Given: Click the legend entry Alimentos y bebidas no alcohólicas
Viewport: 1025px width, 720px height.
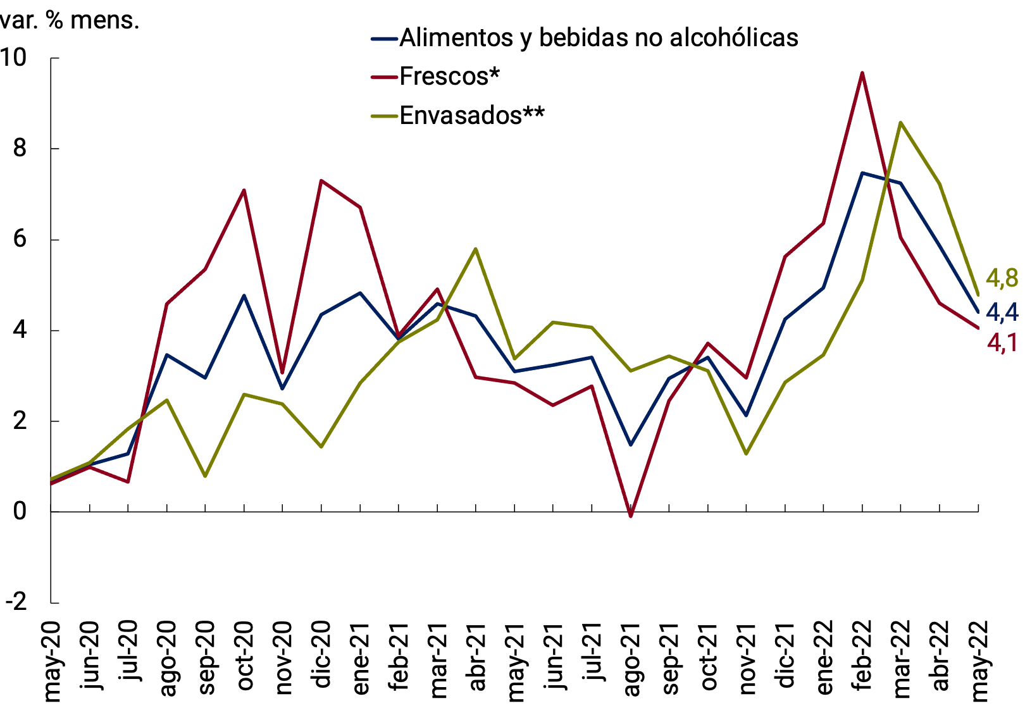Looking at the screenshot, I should click(599, 38).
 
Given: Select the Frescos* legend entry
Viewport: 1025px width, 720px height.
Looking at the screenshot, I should click(449, 77).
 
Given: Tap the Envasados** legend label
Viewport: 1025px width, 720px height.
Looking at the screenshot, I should click(472, 115).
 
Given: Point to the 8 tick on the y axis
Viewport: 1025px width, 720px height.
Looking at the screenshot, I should click(20, 149).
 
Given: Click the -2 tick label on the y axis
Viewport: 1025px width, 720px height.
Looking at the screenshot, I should click(16, 602).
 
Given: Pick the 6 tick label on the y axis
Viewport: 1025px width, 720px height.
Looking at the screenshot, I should click(20, 239).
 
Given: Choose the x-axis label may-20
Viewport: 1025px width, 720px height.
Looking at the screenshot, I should click(52, 661).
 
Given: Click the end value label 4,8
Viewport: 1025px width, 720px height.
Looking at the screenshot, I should click(1002, 278).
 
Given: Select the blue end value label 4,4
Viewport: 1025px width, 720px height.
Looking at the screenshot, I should click(1002, 312).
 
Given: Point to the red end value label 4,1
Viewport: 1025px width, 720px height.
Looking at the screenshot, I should click(1002, 343).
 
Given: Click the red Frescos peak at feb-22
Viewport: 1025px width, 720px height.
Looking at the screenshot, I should click(862, 73).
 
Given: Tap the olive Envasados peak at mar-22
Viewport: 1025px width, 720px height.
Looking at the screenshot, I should click(900, 123).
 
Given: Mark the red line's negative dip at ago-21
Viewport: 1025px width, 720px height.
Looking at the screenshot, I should click(631, 516).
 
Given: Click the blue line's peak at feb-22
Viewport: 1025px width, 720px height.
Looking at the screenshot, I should click(862, 173).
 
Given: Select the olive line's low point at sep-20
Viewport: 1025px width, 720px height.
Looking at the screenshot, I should click(205, 476).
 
